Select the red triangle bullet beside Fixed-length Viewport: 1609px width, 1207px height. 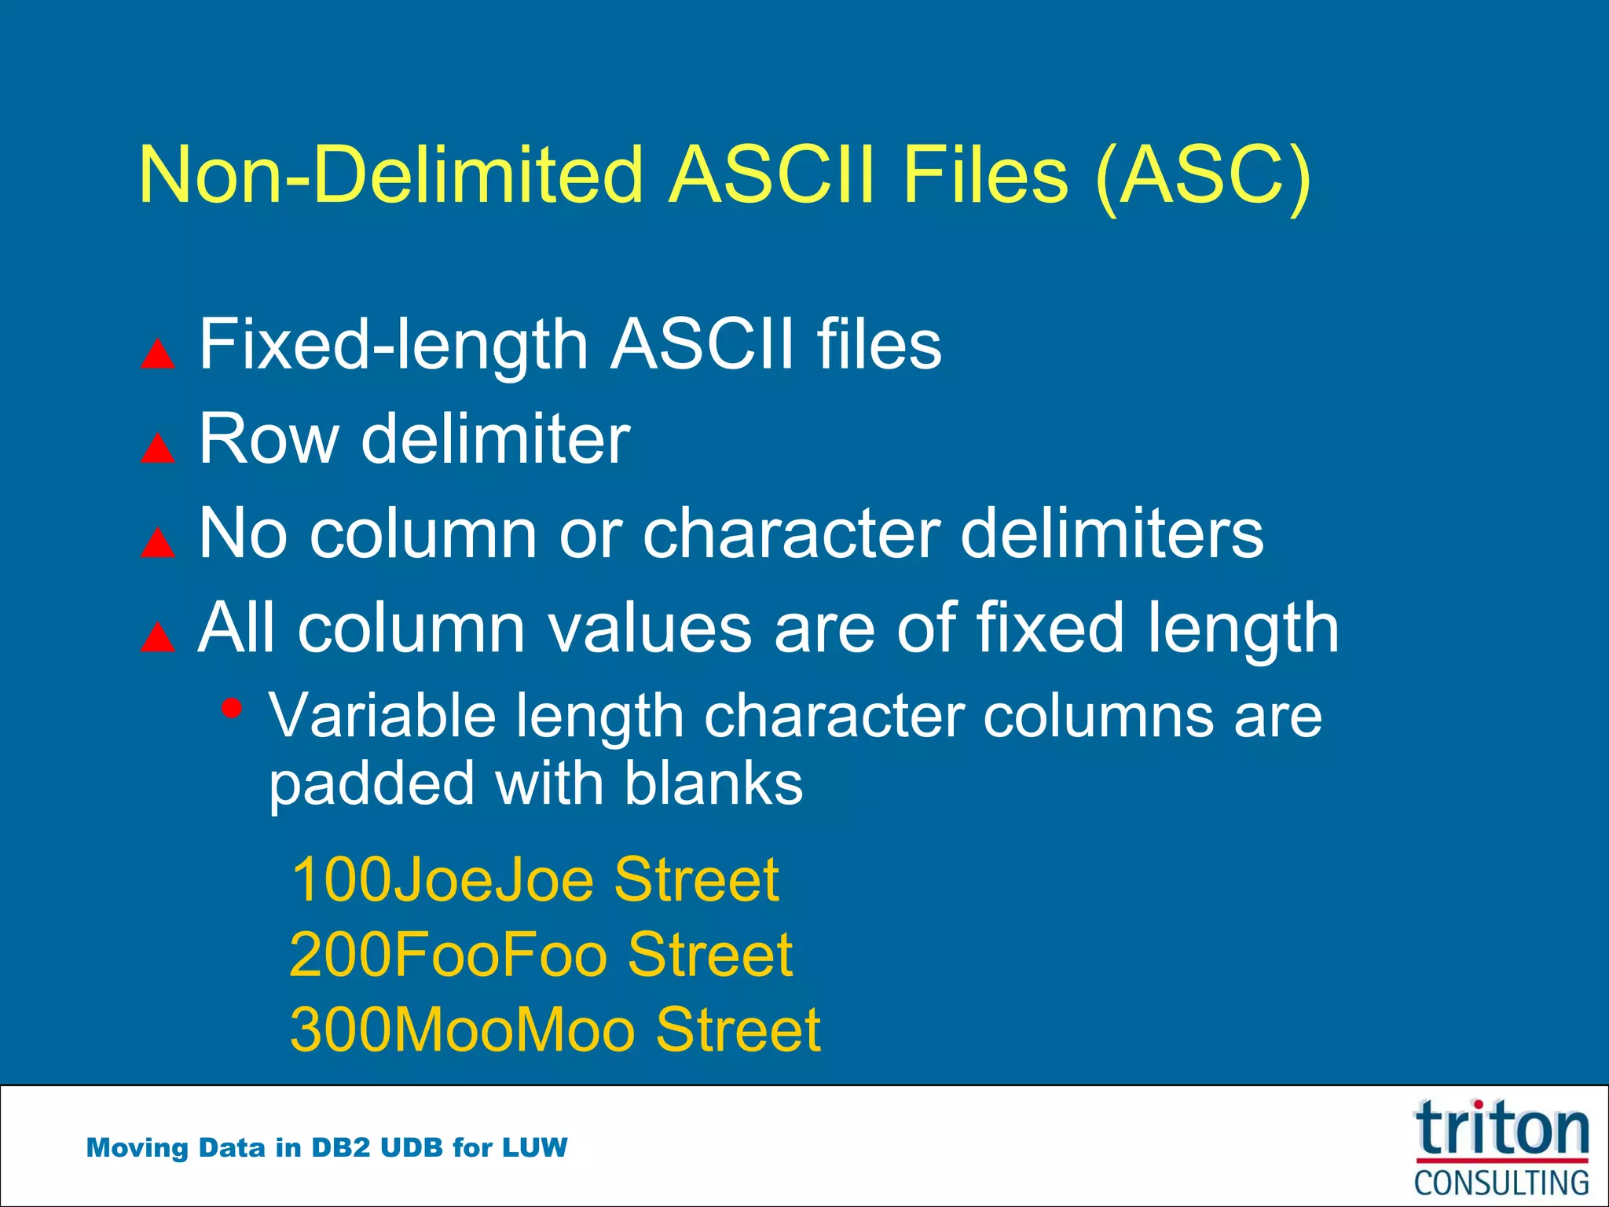pos(157,354)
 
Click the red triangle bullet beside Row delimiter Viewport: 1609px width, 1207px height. pos(157,448)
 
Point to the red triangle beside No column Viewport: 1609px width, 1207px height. pos(157,542)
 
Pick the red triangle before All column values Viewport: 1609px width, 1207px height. pos(157,637)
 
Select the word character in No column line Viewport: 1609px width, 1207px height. pos(791,534)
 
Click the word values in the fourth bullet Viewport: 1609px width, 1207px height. pos(649,629)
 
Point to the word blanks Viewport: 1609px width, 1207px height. pos(713,783)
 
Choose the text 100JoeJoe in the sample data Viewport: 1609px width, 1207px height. pos(442,880)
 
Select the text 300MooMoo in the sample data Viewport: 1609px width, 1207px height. pos(462,1029)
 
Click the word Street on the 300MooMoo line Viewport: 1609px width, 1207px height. pos(738,1029)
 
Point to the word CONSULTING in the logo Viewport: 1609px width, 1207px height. pos(1501,1183)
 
